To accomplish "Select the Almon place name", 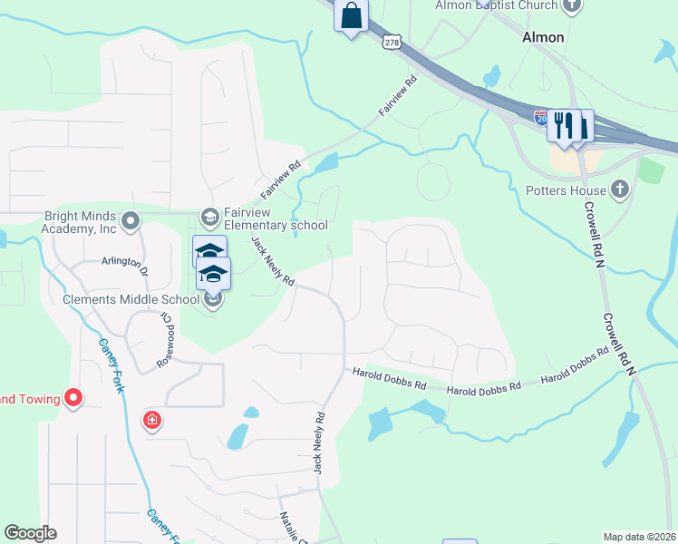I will tap(543, 38).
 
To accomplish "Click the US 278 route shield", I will tap(391, 42).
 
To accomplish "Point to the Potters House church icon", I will tap(620, 189).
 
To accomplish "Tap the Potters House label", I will tap(566, 191).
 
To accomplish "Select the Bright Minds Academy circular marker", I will tap(131, 220).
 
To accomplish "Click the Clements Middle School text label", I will tap(131, 299).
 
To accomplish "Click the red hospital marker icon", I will tap(152, 420).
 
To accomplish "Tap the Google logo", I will tap(30, 533).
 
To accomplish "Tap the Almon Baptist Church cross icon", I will tap(571, 5).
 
